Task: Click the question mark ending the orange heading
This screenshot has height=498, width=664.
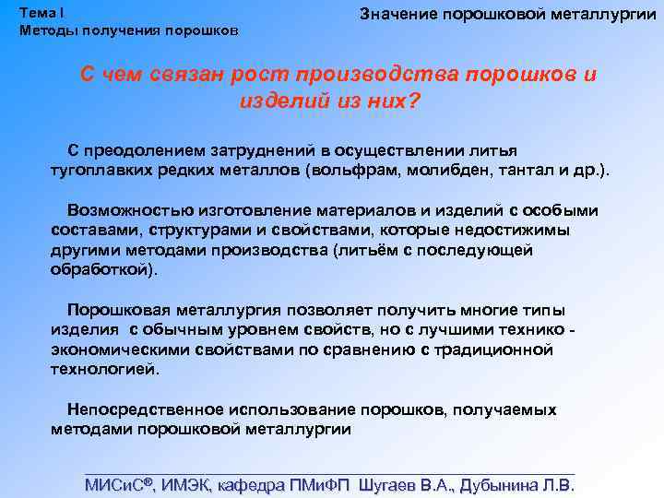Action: pyautogui.click(x=412, y=99)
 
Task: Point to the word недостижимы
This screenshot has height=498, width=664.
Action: pyautogui.click(x=523, y=229)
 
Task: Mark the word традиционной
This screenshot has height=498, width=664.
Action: pyautogui.click(x=502, y=350)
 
